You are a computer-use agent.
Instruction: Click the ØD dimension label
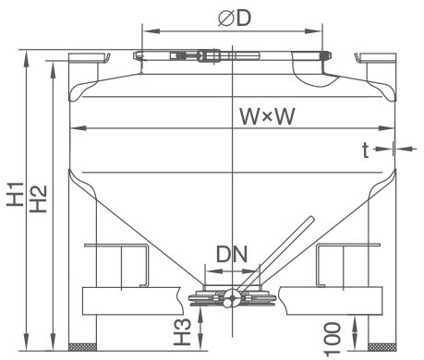pyautogui.click(x=235, y=18)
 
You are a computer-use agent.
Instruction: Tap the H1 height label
pyautogui.click(x=16, y=194)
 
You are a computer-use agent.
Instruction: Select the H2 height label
pyautogui.click(x=39, y=199)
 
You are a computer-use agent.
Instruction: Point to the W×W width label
pyautogui.click(x=267, y=116)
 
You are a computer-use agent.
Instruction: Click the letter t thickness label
pyautogui.click(x=365, y=150)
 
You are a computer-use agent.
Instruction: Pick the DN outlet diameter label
pyautogui.click(x=232, y=254)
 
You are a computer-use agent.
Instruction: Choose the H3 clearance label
pyautogui.click(x=182, y=331)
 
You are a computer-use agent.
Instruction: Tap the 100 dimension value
pyautogui.click(x=333, y=340)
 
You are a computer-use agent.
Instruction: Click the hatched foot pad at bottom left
pyautogui.click(x=82, y=346)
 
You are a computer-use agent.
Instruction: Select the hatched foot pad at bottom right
pyautogui.click(x=382, y=347)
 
